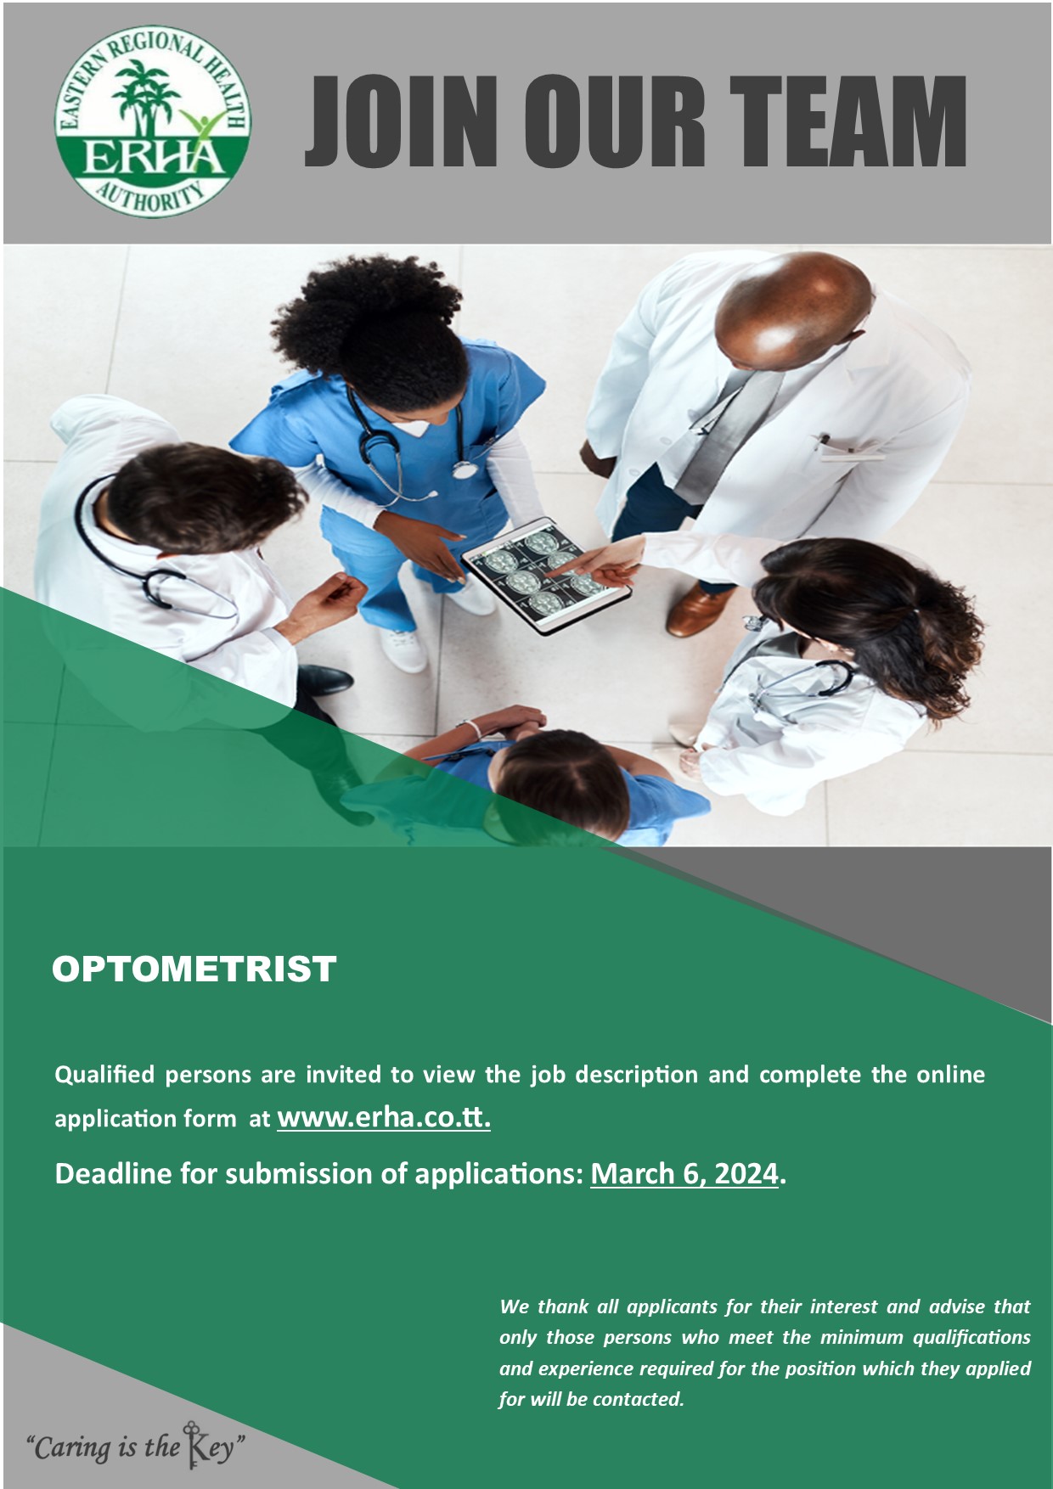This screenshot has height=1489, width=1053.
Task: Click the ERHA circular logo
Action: point(153,121)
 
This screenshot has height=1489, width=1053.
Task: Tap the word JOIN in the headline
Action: point(403,121)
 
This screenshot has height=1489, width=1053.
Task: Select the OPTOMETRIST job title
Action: point(194,969)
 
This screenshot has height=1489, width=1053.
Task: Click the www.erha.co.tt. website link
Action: point(384,1117)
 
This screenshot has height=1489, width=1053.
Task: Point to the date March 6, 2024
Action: point(684,1174)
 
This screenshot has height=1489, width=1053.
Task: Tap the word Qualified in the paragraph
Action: point(105,1076)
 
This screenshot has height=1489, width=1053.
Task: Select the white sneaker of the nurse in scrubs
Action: point(404,649)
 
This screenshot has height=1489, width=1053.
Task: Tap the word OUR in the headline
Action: point(614,121)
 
